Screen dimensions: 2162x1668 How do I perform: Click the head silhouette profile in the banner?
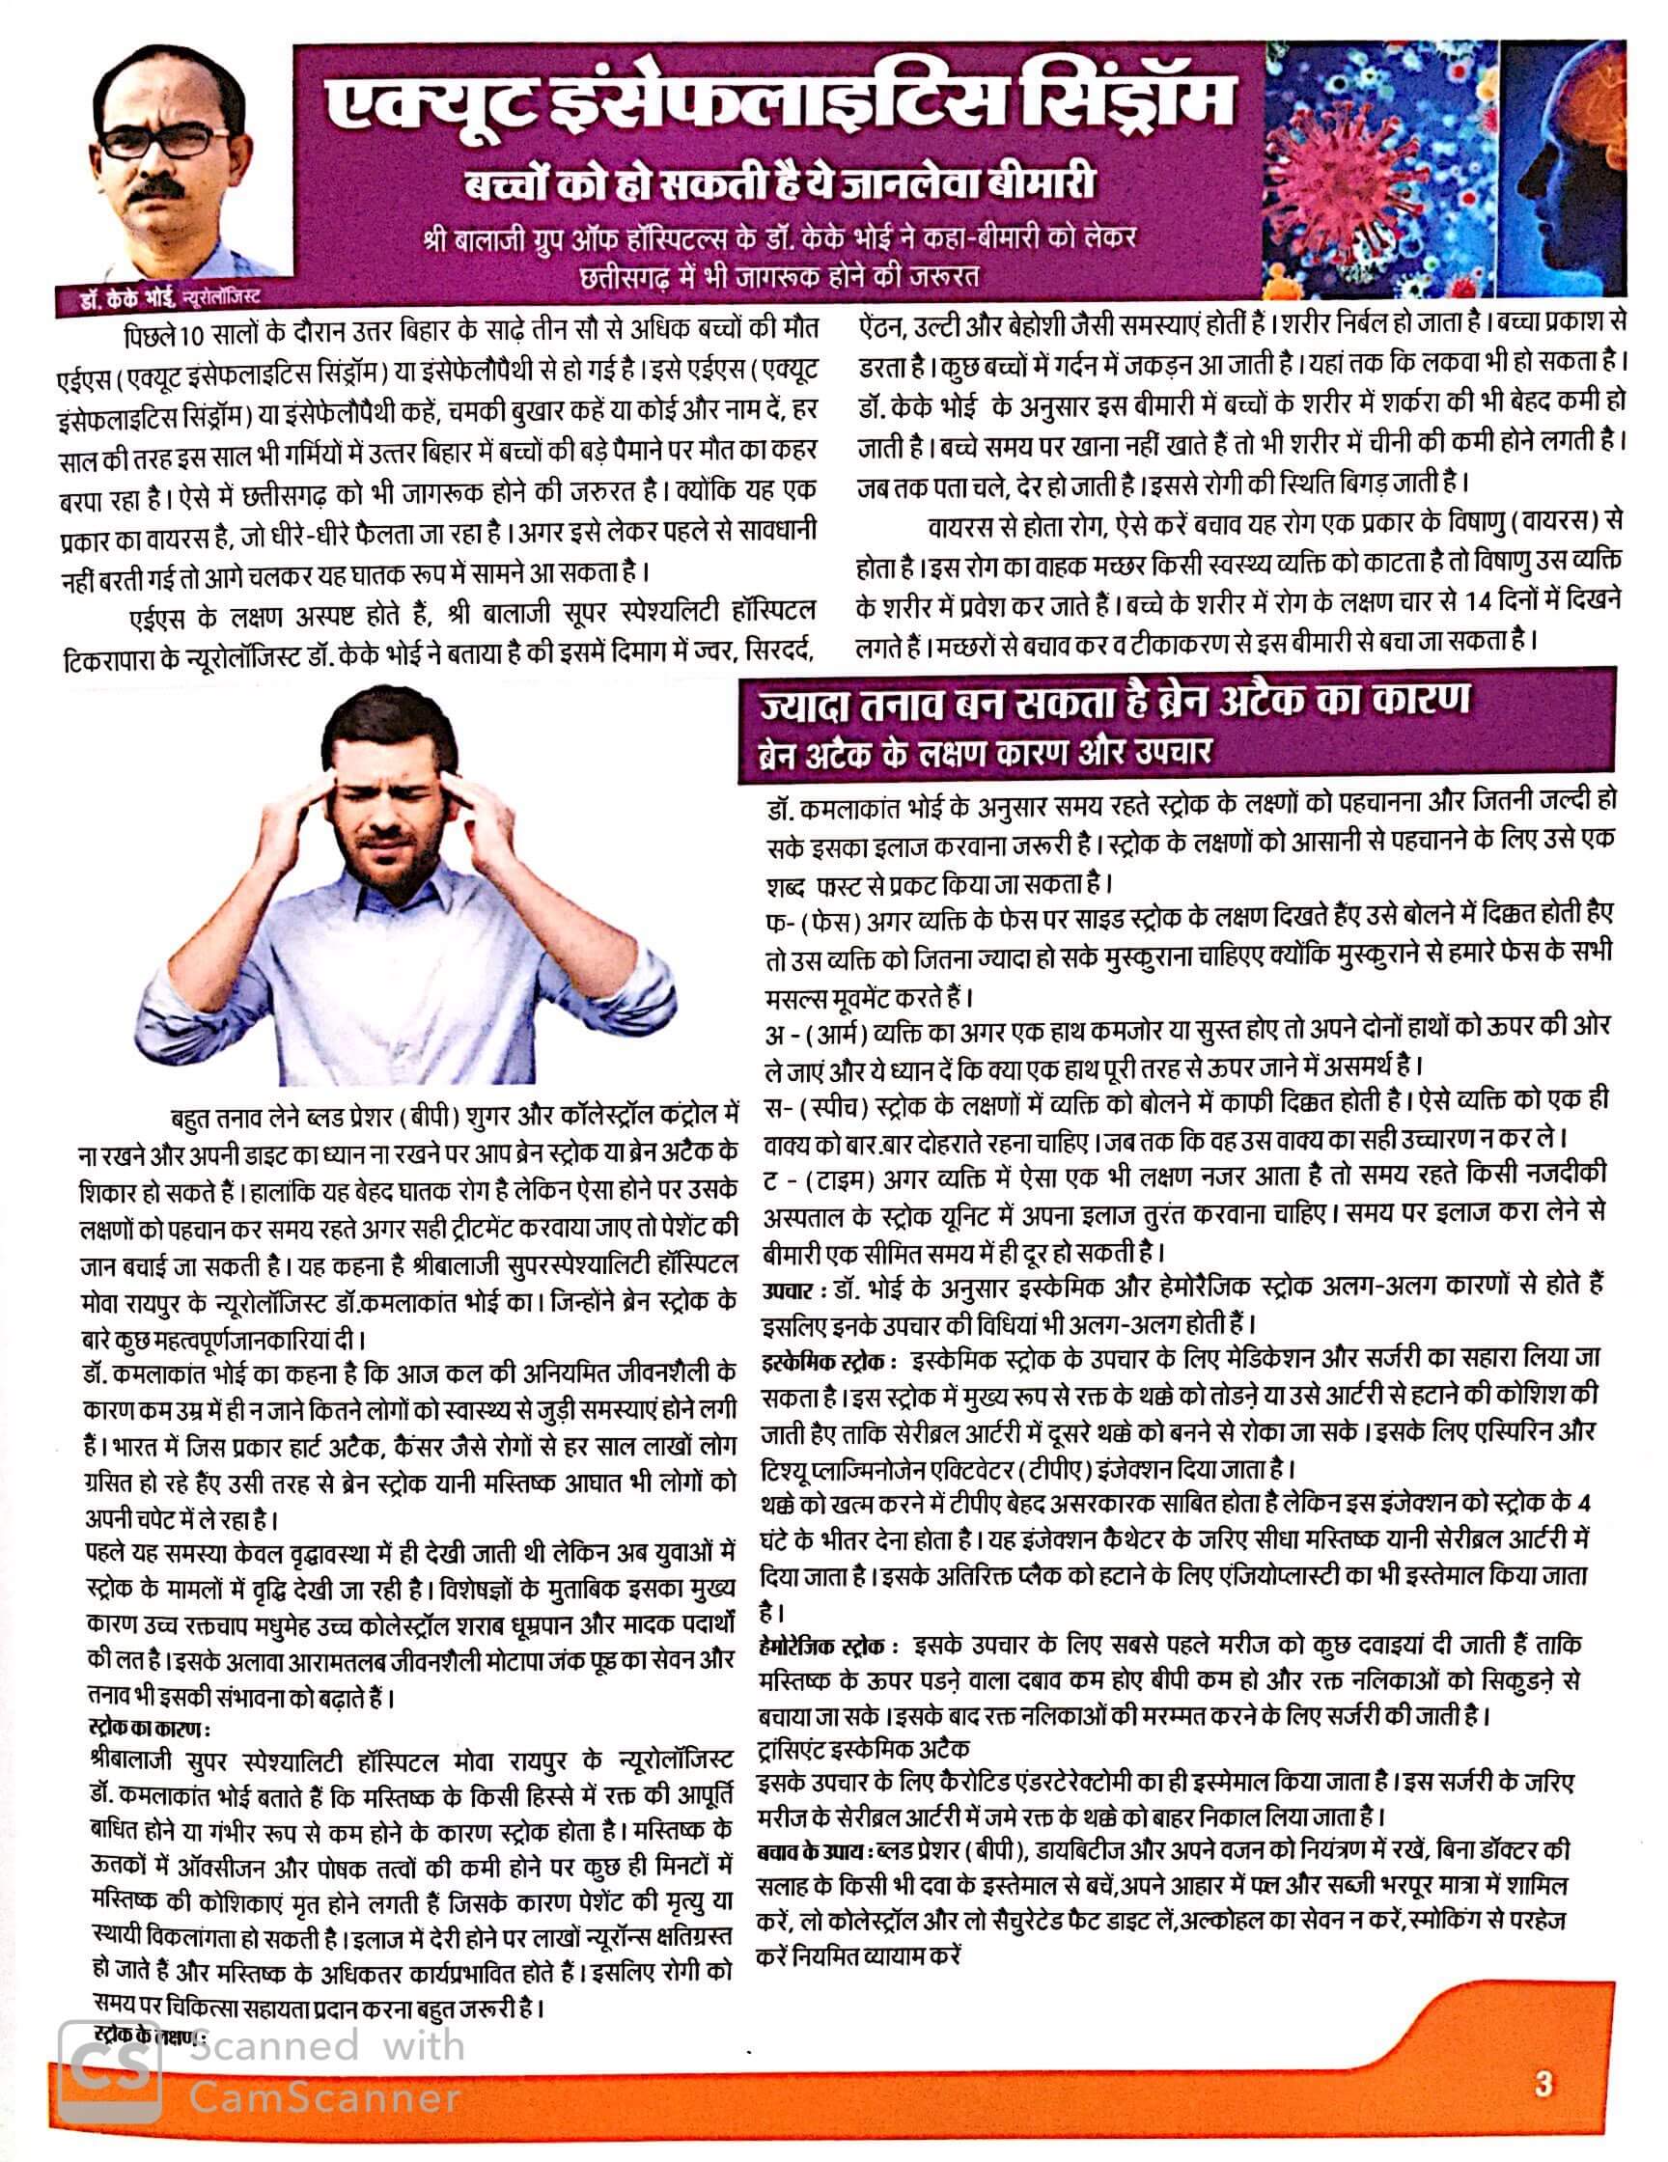coord(1564,168)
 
